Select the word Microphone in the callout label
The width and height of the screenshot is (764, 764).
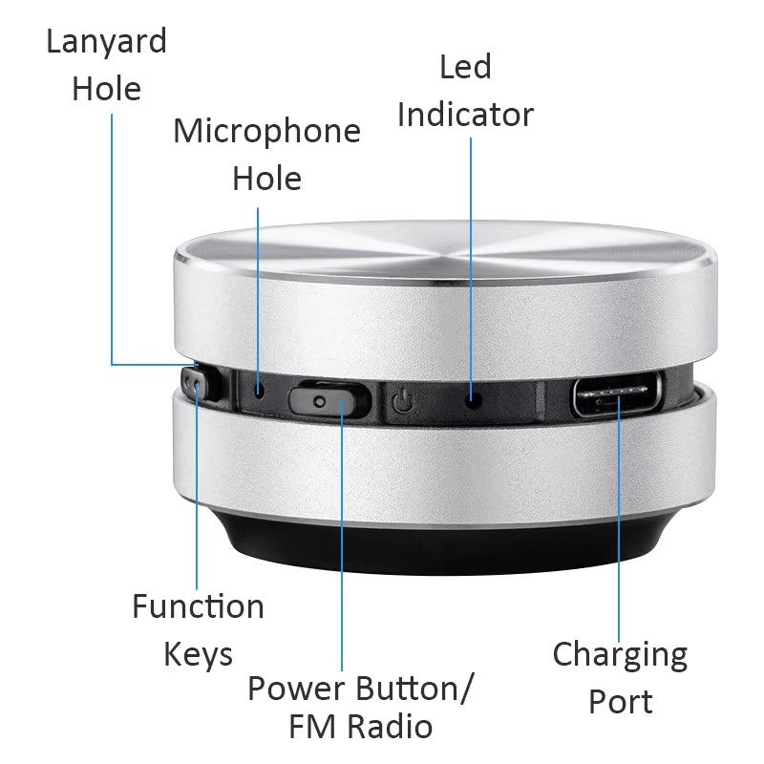pyautogui.click(x=266, y=131)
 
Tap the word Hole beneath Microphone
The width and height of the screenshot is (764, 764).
pyautogui.click(x=266, y=179)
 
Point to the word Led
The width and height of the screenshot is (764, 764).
pyautogui.click(x=465, y=67)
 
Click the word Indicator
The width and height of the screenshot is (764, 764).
pyautogui.click(x=465, y=115)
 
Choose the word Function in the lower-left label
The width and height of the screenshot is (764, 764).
pyautogui.click(x=198, y=606)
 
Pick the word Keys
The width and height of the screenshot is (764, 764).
pyautogui.click(x=198, y=655)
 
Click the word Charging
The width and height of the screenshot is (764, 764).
pyautogui.click(x=620, y=655)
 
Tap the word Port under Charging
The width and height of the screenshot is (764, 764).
pyautogui.click(x=620, y=703)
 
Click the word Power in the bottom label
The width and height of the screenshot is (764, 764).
pyautogui.click(x=297, y=688)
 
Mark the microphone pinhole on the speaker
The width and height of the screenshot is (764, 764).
pyautogui.click(x=260, y=390)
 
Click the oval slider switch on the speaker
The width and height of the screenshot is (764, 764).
pyautogui.click(x=329, y=398)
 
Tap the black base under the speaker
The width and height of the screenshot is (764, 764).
pyautogui.click(x=439, y=549)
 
